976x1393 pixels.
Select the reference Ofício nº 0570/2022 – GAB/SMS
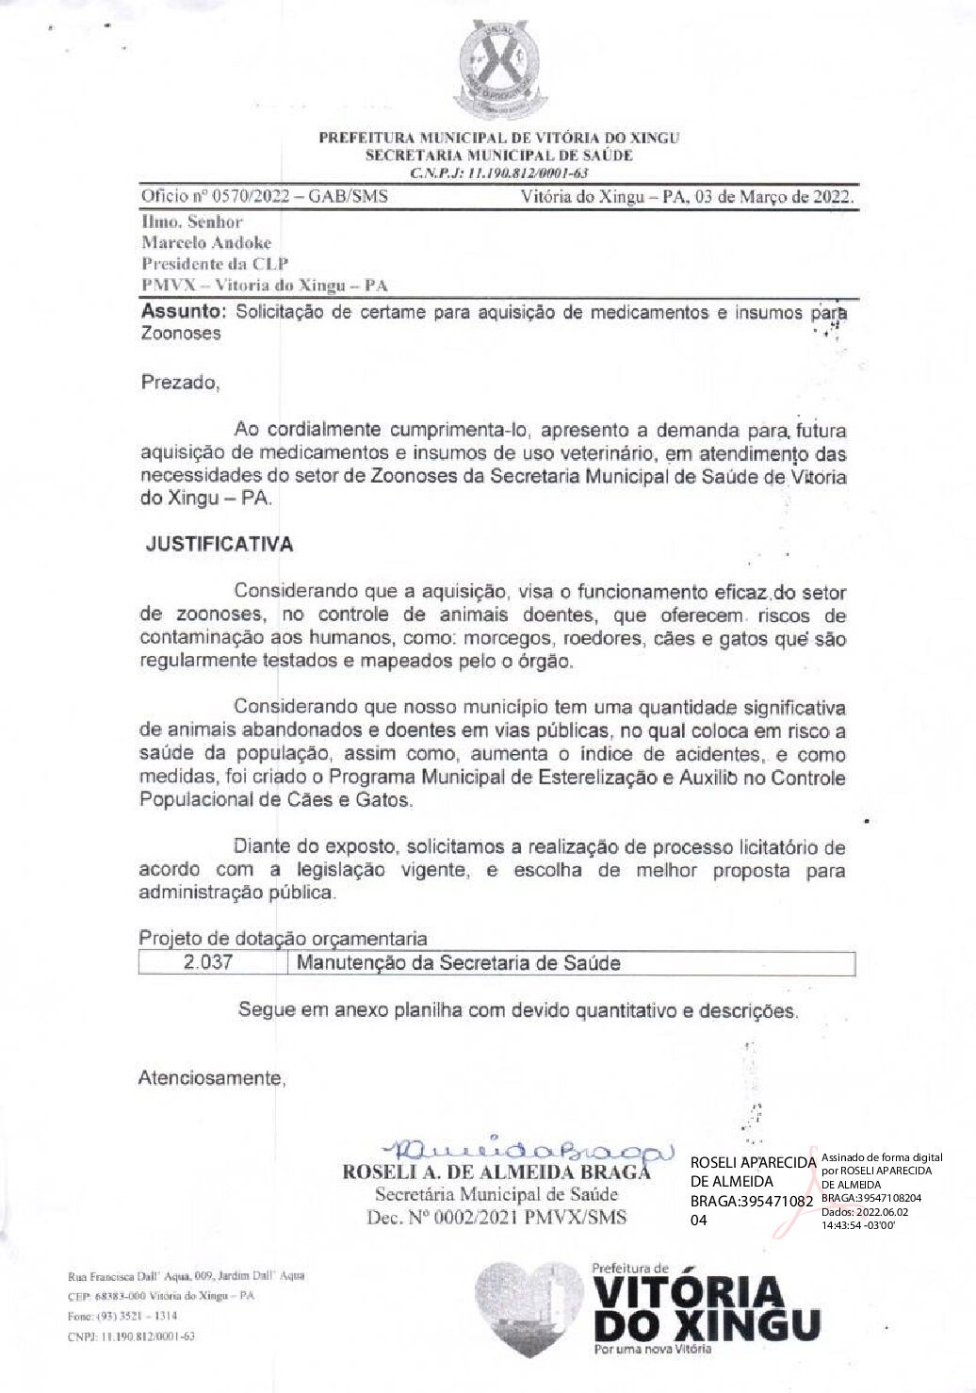point(264,198)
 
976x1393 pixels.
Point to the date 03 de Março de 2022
point(773,198)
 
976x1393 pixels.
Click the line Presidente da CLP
point(215,264)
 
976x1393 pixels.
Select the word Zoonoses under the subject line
point(181,334)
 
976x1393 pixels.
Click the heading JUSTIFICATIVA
point(219,545)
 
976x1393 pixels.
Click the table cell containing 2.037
point(211,963)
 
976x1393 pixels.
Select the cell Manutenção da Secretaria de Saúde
point(459,963)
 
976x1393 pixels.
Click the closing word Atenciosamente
point(211,1077)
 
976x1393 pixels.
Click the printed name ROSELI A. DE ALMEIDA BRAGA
point(496,1173)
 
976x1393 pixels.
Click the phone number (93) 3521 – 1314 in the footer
point(116,1316)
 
